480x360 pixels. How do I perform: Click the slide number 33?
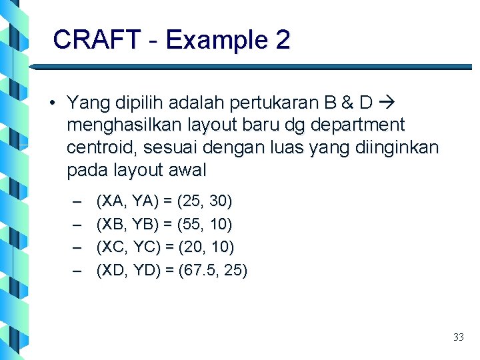coord(458,337)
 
